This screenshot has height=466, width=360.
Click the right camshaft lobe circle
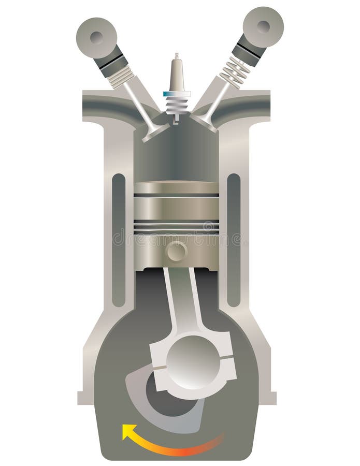click(263, 26)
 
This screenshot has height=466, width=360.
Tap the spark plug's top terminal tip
click(177, 55)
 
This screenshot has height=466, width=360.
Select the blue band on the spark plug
click(177, 94)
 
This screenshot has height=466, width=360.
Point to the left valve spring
click(122, 76)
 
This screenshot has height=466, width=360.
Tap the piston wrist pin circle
click(177, 252)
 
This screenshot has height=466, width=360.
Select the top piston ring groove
click(177, 195)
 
